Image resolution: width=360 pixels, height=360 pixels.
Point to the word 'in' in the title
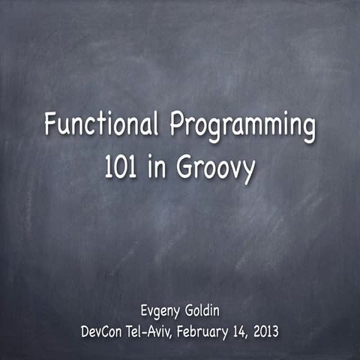pos(159,168)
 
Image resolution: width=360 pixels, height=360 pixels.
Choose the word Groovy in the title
pos(217,170)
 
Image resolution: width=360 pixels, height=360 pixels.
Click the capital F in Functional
pos(50,124)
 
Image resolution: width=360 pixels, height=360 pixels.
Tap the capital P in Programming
pos(177,124)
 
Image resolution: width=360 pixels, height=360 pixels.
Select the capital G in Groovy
pos(186,168)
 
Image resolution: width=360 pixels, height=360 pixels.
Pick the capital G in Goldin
pos(190,310)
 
